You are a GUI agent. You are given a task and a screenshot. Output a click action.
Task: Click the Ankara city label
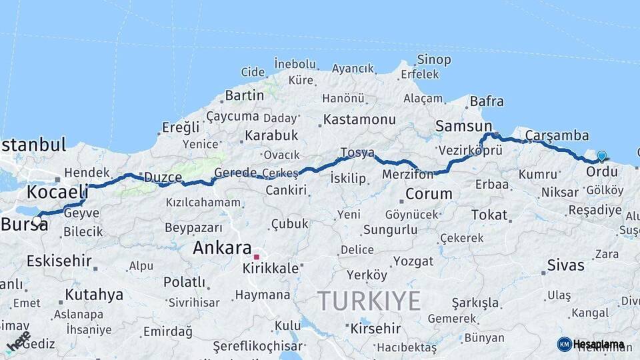(x=222, y=248)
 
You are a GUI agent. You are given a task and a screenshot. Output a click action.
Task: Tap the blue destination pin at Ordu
(x=601, y=157)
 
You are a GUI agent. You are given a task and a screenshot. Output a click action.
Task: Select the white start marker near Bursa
(x=37, y=221)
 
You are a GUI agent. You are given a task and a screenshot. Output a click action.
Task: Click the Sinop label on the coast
(x=434, y=60)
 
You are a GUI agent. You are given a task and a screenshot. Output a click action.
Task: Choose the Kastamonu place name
(x=360, y=120)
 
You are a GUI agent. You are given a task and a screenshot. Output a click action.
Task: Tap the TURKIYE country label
(x=369, y=301)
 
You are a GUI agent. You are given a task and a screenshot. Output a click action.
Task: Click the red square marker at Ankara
(x=257, y=257)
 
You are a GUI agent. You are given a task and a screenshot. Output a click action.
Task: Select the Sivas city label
(x=565, y=265)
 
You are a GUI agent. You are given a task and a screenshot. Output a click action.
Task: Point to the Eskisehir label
(x=59, y=261)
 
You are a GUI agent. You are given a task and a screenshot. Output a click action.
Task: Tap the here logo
(x=18, y=341)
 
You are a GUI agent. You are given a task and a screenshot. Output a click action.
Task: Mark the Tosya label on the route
(x=357, y=153)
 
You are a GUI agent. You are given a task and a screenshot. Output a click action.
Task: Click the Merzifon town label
(x=407, y=174)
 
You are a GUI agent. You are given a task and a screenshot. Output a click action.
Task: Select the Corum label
(x=429, y=194)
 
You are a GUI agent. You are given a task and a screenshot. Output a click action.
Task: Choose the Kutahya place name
(x=94, y=294)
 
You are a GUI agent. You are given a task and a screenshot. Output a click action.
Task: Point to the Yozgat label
(x=413, y=261)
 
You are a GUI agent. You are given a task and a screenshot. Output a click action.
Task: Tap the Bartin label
(x=245, y=95)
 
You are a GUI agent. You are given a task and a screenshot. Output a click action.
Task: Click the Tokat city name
(x=489, y=215)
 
